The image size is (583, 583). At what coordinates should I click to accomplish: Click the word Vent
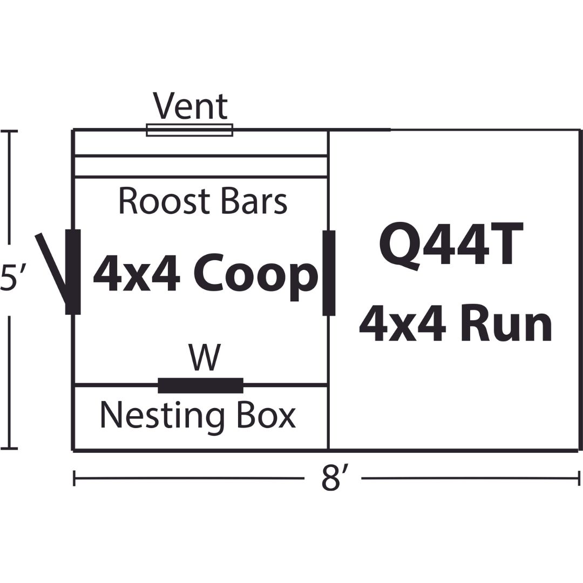tap(191, 106)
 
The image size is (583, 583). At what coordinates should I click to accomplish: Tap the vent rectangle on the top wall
tap(189, 130)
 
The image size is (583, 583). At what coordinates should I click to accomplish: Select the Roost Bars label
tap(202, 201)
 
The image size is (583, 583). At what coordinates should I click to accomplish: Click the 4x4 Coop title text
tap(205, 276)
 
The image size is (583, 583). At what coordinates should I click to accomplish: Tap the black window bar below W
tap(200, 385)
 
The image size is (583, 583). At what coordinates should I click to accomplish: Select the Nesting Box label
tap(198, 416)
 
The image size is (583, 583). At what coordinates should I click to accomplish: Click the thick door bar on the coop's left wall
tap(73, 272)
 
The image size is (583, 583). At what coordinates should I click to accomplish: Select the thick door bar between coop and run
tap(328, 273)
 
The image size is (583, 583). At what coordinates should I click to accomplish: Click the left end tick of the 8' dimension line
tap(74, 478)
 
